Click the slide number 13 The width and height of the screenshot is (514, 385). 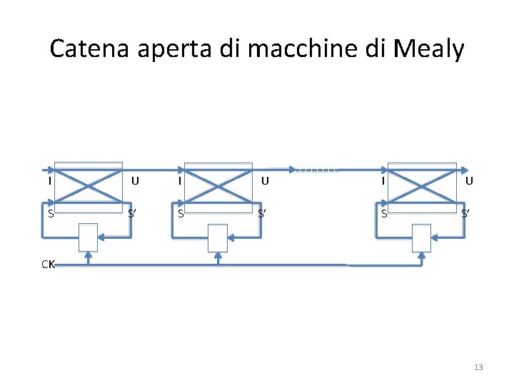pos(478,367)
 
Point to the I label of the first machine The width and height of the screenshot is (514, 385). pos(49,181)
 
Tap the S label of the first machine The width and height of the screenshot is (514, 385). pos(50,213)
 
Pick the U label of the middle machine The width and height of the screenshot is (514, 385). pos(265,181)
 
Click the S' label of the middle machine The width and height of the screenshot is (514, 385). pos(263,213)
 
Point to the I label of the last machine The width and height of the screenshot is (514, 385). pos(383,181)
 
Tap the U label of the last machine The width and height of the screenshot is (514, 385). pos(469,181)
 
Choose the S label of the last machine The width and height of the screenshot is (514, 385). pos(384,213)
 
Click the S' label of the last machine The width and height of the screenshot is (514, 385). pos(465,213)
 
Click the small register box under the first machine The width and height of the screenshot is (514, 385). pos(88,237)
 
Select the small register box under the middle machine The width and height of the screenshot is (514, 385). pos(218,237)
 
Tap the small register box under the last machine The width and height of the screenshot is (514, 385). pos(422,237)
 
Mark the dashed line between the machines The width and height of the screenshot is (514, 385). pos(316,170)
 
